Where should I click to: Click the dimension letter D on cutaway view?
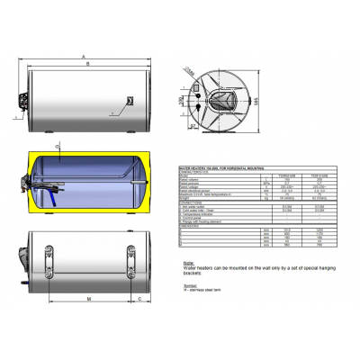[57, 144]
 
